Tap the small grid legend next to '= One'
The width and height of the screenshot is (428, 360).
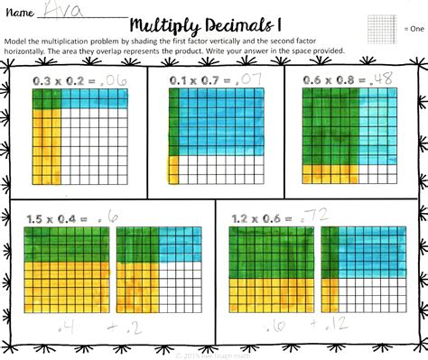coord(380,28)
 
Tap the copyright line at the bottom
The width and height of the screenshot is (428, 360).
coord(214,352)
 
